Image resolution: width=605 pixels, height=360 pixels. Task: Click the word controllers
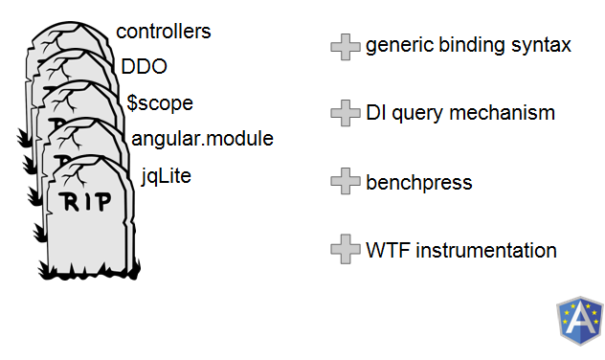point(163,32)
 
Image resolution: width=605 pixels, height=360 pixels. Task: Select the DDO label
point(144,66)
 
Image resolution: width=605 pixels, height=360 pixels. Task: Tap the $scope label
point(160,103)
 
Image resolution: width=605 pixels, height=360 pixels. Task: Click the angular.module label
point(202,139)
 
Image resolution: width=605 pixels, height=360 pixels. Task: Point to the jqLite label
point(166,176)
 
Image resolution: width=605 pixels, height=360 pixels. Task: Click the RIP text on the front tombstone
point(85,201)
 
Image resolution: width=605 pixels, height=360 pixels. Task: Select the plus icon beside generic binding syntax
point(346,47)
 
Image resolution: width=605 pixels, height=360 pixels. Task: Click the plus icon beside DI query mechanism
point(346,113)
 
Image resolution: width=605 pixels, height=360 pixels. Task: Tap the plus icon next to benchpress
point(346,181)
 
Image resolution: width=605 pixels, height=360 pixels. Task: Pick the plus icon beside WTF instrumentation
point(346,249)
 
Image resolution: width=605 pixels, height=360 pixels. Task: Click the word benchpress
point(418,183)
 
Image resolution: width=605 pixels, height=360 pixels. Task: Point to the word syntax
point(541,46)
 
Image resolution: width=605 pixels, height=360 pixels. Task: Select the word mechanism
point(502,113)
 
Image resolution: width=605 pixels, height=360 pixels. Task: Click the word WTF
point(388,251)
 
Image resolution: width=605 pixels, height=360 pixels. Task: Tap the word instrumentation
point(486,251)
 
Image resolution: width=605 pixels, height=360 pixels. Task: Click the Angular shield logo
point(579,320)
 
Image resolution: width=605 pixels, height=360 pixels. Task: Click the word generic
point(400,46)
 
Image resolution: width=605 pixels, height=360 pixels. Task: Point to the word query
point(417,114)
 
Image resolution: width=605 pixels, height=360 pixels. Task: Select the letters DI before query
point(376,113)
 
